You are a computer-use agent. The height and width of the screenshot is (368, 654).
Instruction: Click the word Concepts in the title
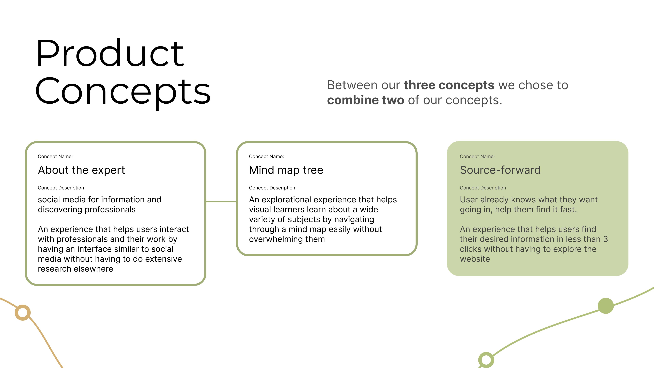[123, 92]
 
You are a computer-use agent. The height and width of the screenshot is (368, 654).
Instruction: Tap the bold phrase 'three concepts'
[449, 85]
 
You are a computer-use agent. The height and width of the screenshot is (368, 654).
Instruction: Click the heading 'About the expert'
[81, 170]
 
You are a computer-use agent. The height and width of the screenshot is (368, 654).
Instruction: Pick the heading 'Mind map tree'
[286, 170]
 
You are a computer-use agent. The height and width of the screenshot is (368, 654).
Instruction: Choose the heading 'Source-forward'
[500, 170]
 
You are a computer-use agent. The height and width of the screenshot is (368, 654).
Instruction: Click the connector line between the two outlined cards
[221, 202]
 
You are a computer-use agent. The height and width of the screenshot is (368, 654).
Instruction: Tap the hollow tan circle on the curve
[23, 312]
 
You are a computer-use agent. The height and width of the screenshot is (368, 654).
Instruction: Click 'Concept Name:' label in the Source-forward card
[477, 156]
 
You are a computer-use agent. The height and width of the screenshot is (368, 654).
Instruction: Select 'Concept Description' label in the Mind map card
[272, 188]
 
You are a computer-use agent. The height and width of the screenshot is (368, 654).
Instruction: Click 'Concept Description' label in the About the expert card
[61, 188]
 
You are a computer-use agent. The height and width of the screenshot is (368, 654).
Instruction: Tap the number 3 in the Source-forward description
[605, 239]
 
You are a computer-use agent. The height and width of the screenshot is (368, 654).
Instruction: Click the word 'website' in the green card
[475, 259]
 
